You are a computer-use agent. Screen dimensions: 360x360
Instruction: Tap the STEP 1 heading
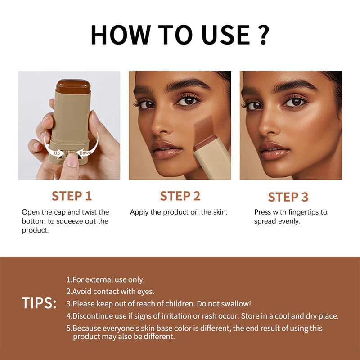point(72,196)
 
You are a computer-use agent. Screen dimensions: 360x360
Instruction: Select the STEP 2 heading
point(180,196)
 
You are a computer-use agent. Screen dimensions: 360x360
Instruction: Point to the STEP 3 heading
point(288,197)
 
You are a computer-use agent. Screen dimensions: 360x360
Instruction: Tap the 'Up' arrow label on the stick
point(58,153)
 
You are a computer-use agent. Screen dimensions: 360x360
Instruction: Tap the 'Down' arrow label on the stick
point(85,153)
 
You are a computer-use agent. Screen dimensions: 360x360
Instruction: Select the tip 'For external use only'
point(106,280)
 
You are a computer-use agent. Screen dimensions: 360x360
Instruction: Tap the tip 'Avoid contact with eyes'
point(110,292)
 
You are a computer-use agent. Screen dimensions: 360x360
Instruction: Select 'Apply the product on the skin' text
point(179,212)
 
